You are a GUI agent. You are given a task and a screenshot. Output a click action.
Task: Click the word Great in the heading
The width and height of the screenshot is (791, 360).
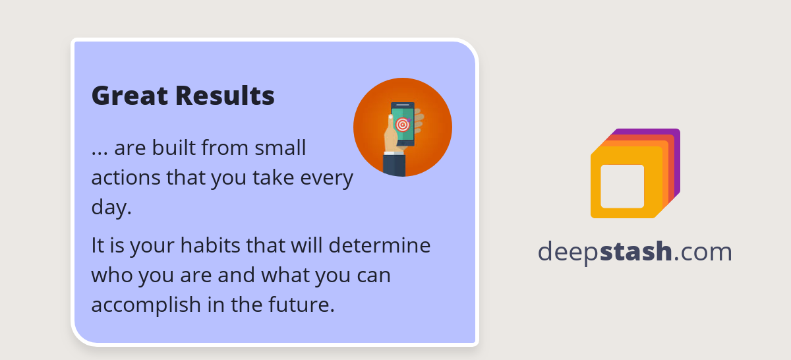click(130, 96)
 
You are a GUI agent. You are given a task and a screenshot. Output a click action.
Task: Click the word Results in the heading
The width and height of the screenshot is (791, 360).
click(225, 96)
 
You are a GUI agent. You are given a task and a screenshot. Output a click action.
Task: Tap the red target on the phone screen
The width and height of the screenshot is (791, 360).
click(403, 124)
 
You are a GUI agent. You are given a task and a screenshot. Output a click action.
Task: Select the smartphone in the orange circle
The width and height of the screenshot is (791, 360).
click(403, 124)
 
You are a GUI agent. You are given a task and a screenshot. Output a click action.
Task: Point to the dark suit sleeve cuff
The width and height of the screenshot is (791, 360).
click(394, 165)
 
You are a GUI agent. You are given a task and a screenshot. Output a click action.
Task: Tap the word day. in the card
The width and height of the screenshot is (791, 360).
click(111, 208)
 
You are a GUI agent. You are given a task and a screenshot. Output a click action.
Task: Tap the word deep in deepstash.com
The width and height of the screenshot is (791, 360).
click(568, 252)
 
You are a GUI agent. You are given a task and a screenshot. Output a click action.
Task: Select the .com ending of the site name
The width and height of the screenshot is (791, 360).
click(703, 252)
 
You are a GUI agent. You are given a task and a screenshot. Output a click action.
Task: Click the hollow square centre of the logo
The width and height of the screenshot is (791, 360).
click(622, 186)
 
